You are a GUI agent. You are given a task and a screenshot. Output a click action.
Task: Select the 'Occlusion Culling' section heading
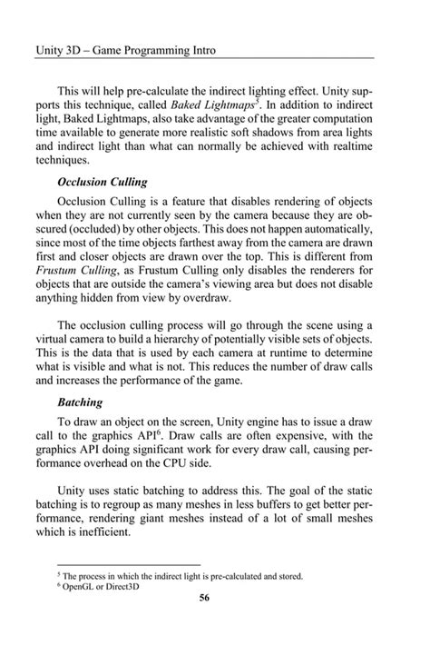click(103, 182)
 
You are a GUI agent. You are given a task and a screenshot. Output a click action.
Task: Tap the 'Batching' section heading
click(80, 401)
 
